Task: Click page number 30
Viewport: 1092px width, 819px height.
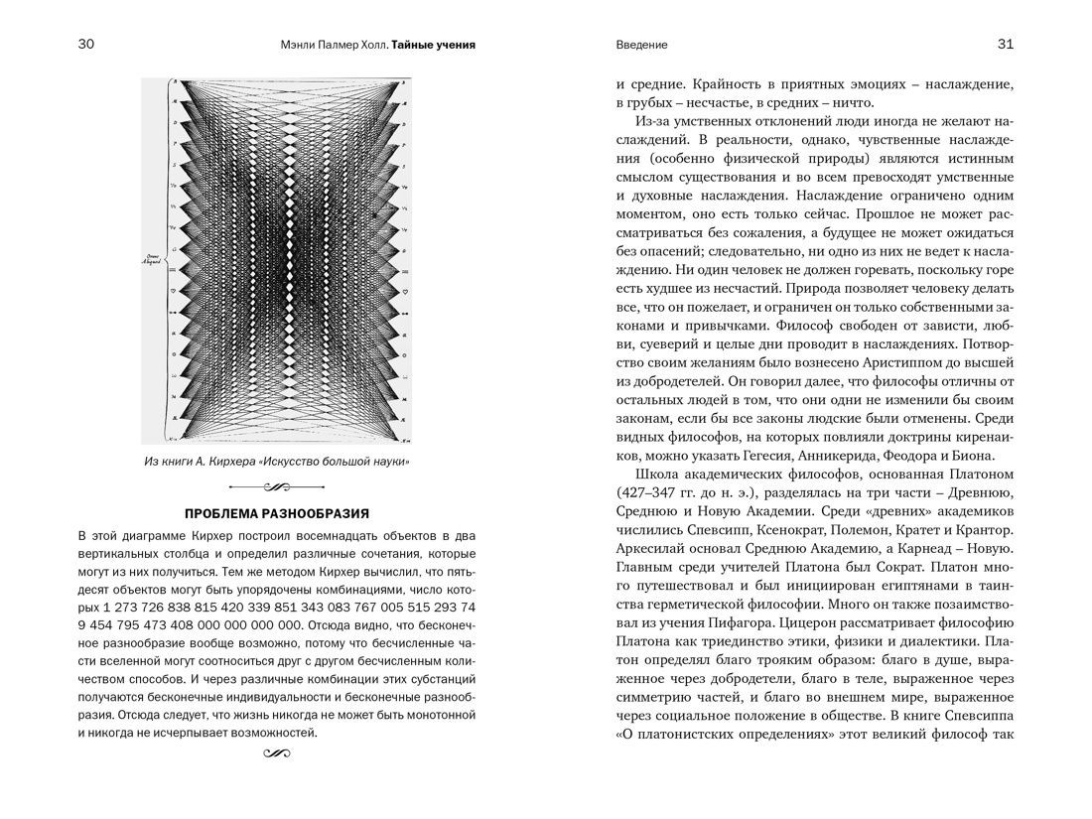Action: point(86,45)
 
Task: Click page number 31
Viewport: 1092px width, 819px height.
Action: point(1005,45)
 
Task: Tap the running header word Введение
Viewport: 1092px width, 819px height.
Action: point(641,46)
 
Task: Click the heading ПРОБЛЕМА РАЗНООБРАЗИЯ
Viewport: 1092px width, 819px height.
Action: point(277,513)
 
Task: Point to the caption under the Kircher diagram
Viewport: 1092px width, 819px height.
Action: point(277,462)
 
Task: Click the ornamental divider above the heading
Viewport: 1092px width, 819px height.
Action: point(277,486)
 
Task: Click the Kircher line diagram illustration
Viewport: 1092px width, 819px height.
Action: point(277,260)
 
